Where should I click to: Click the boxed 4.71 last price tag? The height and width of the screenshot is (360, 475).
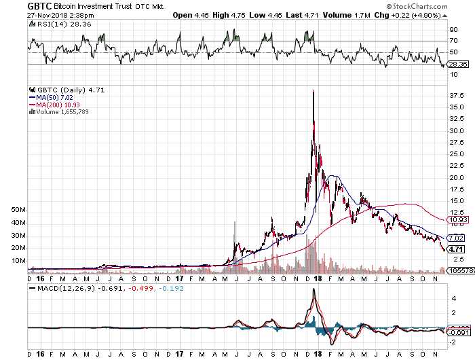pyautogui.click(x=455, y=249)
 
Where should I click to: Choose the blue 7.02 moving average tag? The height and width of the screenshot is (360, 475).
pyautogui.click(x=455, y=238)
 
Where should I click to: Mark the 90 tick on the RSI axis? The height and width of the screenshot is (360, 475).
pyautogui.click(x=453, y=30)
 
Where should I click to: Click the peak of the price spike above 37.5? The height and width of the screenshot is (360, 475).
pyautogui.click(x=313, y=91)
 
